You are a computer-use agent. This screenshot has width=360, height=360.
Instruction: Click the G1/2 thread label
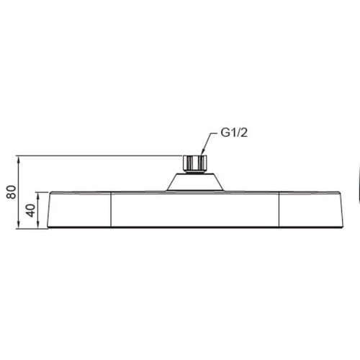pyautogui.click(x=234, y=132)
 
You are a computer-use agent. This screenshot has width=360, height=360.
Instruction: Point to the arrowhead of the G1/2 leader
pyautogui.click(x=202, y=152)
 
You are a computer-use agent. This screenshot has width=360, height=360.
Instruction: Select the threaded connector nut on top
pyautogui.click(x=195, y=163)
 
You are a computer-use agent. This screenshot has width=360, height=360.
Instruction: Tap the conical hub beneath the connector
pyautogui.click(x=195, y=182)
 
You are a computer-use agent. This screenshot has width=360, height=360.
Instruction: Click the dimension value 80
pyautogui.click(x=12, y=192)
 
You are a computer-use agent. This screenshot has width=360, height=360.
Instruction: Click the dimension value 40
pyautogui.click(x=31, y=210)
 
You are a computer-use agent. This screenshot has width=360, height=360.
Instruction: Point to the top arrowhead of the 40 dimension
pyautogui.click(x=38, y=197)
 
